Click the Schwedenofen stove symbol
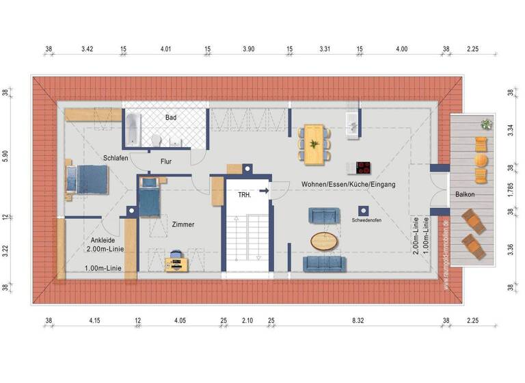click(x=362, y=211)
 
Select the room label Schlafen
click(x=116, y=157)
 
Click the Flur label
click(x=165, y=162)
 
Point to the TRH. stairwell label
click(x=244, y=195)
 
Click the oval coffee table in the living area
click(x=324, y=240)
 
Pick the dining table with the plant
click(x=314, y=143)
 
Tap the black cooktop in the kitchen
click(x=364, y=168)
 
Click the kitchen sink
click(x=352, y=123)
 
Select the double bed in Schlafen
click(x=88, y=179)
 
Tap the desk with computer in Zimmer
click(x=176, y=262)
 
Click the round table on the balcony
click(x=482, y=161)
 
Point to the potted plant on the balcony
click(x=486, y=124)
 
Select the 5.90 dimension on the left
click(x=6, y=156)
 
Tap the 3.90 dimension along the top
click(x=249, y=49)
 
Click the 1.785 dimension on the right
click(x=510, y=189)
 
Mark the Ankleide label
click(x=102, y=240)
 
